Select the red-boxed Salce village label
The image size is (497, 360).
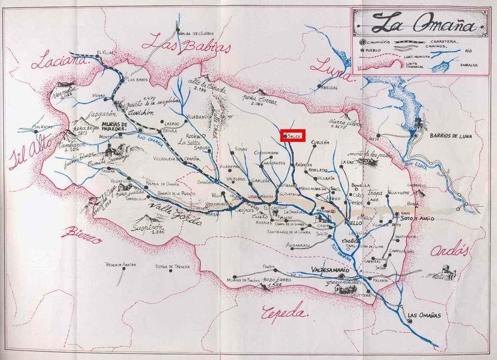coord(292,135)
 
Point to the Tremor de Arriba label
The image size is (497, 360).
coord(120,264)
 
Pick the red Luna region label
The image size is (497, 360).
coord(329,65)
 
